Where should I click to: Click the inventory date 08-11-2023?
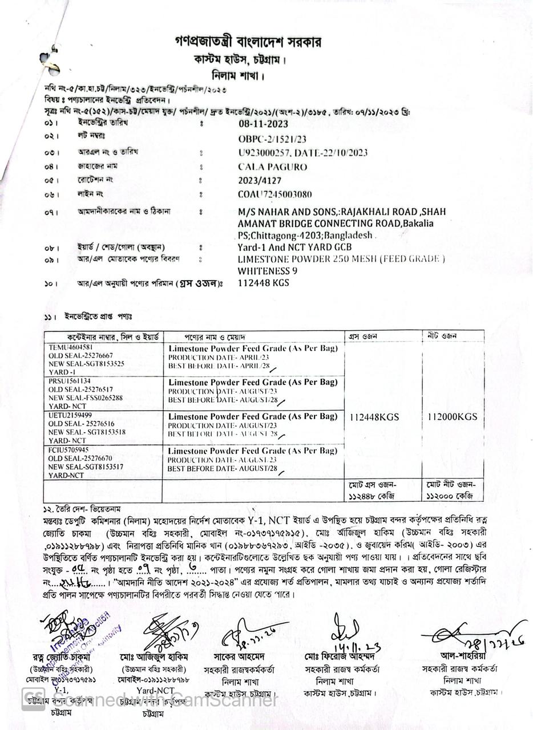point(263,124)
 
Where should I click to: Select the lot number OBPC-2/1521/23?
point(272,139)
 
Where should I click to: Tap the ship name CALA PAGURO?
point(272,167)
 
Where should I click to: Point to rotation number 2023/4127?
point(260,180)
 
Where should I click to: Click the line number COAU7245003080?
point(275,194)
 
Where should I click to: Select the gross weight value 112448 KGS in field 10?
point(263,283)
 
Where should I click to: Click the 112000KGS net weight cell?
point(452,417)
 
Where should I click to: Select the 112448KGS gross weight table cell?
point(374,417)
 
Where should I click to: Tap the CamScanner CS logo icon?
point(33,699)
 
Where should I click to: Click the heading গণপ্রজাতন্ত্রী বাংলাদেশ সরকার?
point(248,42)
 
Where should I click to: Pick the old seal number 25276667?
point(94,355)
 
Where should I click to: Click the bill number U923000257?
point(265,153)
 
